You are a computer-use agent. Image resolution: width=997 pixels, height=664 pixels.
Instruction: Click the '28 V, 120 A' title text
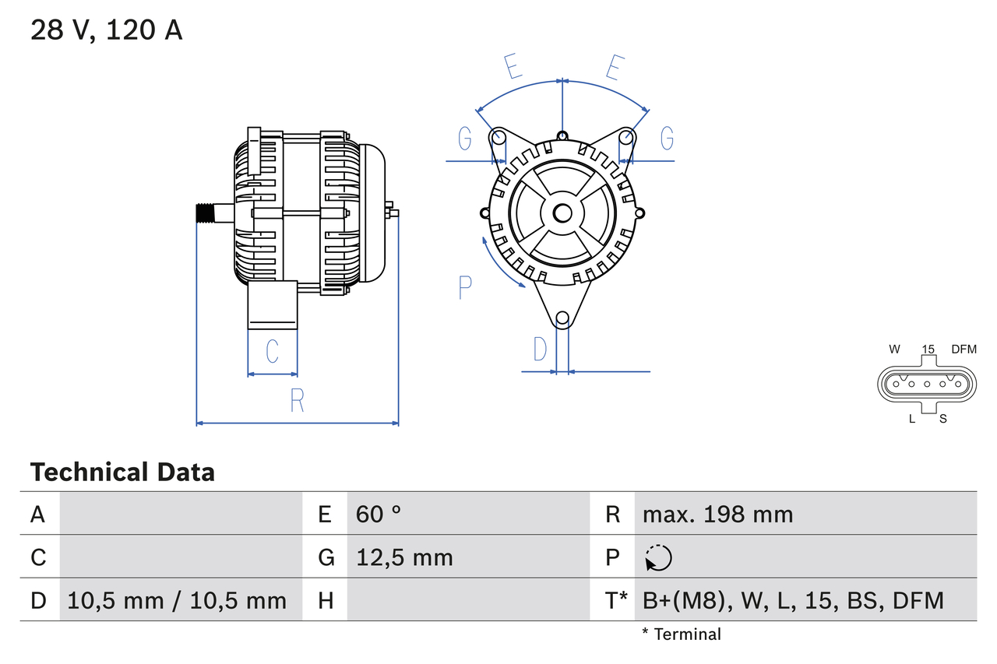coord(106,30)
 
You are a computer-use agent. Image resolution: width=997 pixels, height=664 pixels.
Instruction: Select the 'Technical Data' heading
coord(122,472)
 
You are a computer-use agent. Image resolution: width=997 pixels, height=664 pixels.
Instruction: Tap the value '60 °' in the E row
coord(379,514)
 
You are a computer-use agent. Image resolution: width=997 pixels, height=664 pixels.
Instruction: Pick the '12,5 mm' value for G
coord(404,557)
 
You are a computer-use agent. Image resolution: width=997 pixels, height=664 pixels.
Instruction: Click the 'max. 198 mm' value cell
coord(717,514)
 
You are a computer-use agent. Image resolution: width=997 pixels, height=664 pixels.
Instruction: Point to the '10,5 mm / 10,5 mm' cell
coord(177,600)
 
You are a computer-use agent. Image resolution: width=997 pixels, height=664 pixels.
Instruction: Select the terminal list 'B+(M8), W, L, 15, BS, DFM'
coord(793,600)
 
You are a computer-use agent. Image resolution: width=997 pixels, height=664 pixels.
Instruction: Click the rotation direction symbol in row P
coord(658,557)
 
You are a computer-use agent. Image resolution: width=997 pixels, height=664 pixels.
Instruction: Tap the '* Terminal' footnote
coord(682,634)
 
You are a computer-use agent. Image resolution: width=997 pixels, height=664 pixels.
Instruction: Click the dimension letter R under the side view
coord(297,400)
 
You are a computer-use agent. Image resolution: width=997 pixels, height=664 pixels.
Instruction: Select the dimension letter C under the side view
coord(272,352)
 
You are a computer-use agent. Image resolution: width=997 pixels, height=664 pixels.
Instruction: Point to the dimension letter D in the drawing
coord(540,350)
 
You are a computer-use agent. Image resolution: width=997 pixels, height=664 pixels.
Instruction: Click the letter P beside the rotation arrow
coord(465,287)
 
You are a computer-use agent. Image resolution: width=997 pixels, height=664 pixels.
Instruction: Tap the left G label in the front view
coord(465,139)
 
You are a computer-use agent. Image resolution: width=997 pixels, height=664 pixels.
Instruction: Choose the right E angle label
coord(614,69)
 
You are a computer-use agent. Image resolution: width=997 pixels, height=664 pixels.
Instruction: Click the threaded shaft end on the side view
coord(205,213)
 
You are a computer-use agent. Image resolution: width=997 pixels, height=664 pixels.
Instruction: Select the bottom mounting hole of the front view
coord(562,318)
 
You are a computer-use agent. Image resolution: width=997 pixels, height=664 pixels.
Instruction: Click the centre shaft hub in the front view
coord(562,213)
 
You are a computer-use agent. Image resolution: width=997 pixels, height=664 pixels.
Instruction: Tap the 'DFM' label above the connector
coord(964,350)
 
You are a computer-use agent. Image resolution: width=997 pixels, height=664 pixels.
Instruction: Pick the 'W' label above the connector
coord(894,350)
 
